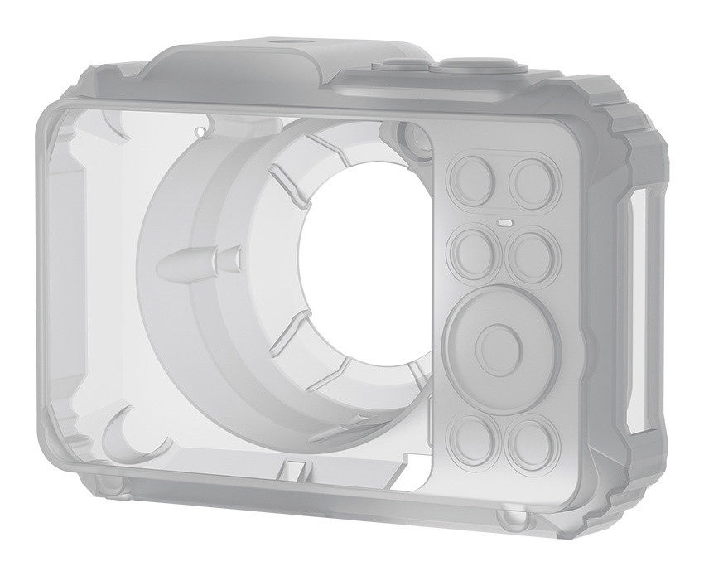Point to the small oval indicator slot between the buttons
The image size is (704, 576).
[x=504, y=222]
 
